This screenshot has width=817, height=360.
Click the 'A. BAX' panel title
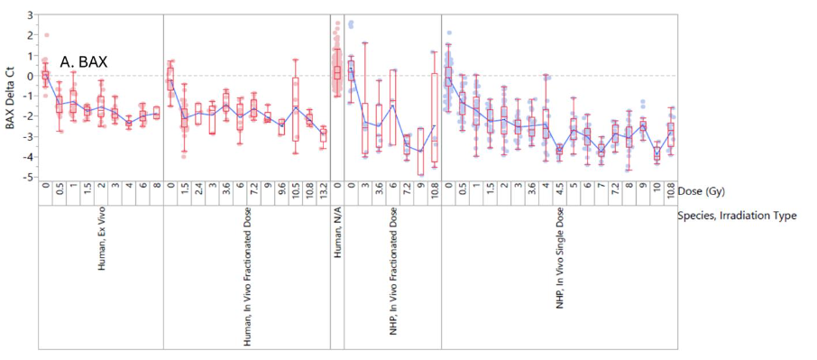tap(84, 62)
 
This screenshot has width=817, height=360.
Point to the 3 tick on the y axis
tap(30, 15)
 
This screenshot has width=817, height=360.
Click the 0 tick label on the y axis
tap(30, 76)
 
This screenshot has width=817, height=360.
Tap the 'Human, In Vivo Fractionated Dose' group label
tap(247, 281)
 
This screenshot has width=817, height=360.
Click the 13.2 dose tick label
tap(323, 191)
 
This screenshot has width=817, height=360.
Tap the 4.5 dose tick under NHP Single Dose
tap(559, 190)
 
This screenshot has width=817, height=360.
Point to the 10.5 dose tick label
tap(295, 191)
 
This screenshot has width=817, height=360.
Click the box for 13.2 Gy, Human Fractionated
tap(323, 134)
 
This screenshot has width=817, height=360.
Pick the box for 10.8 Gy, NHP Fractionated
tap(435, 117)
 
